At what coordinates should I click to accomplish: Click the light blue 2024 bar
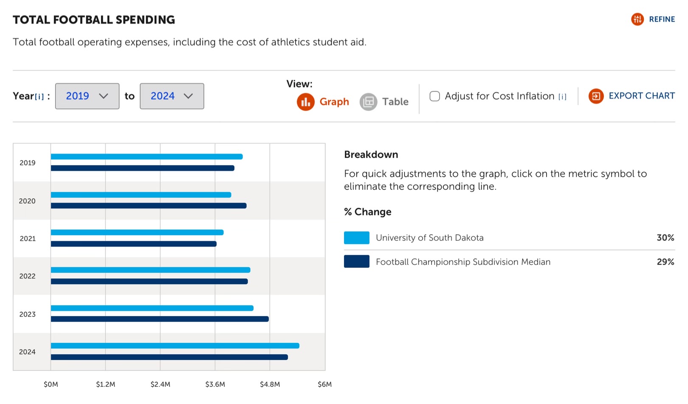click(x=175, y=346)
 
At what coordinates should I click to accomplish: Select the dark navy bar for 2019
click(x=143, y=168)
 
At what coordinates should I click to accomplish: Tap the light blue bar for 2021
click(x=137, y=233)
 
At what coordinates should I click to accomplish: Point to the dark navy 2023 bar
click(x=160, y=319)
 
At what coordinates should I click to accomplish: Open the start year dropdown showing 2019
click(x=87, y=96)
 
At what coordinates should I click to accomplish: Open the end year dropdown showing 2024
click(x=172, y=96)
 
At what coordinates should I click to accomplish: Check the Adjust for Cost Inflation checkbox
click(x=434, y=96)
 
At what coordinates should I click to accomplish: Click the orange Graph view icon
click(x=305, y=102)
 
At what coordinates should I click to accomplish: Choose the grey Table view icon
click(x=368, y=102)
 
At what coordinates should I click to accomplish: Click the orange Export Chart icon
click(x=596, y=96)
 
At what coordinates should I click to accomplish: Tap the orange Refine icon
click(x=637, y=19)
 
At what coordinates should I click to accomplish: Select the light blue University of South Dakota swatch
click(x=356, y=238)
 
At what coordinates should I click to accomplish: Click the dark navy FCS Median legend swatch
click(x=356, y=261)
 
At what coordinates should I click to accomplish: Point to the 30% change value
click(x=665, y=238)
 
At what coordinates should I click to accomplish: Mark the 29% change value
click(x=665, y=262)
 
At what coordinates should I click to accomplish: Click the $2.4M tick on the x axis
click(x=160, y=384)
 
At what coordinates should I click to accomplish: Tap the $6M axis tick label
click(x=324, y=384)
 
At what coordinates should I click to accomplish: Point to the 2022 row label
click(x=27, y=276)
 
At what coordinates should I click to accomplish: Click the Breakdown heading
click(x=371, y=154)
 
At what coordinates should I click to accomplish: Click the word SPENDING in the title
click(x=145, y=20)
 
